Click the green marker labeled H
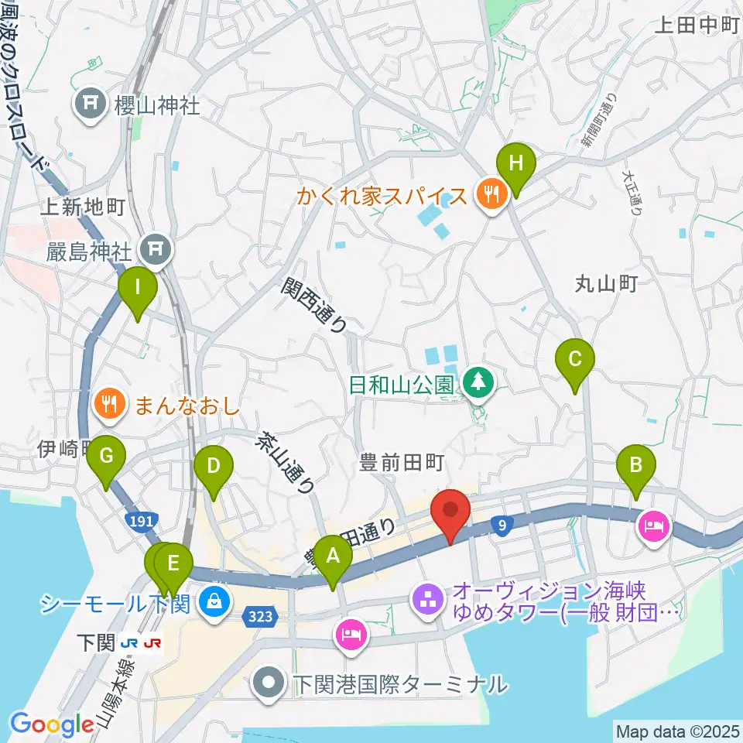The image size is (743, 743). [516, 164]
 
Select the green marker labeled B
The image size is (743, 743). [636, 466]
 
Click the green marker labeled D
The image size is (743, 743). [213, 467]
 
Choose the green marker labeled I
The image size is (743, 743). [138, 288]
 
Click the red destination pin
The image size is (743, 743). [451, 512]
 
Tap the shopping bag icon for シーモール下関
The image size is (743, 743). [211, 601]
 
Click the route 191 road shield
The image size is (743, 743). [142, 522]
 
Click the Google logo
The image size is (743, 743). [52, 725]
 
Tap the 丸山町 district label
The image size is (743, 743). [606, 284]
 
